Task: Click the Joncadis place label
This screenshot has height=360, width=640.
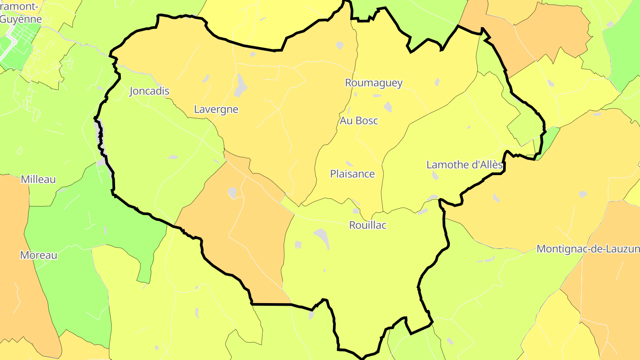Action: pos(149,91)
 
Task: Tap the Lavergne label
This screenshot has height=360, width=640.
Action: pos(216,109)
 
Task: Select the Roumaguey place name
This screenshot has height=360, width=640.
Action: pos(374,83)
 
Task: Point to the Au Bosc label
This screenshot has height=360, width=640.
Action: pos(359,120)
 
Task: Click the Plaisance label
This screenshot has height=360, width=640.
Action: pos(352,174)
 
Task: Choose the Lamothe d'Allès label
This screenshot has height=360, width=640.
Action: pos(464,165)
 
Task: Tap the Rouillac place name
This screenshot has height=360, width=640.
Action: pos(368,225)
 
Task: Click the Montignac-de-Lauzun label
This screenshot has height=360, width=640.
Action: pos(588,249)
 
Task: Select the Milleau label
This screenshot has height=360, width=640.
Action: pos(38,180)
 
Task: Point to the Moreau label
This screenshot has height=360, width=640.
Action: pos(39,256)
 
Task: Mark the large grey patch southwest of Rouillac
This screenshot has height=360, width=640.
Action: pos(322,238)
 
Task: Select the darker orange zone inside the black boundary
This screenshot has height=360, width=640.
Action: pos(249,231)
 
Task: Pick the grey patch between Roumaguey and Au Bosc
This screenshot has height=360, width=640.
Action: pos(388,107)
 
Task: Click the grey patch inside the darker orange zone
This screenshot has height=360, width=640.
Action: pos(232,192)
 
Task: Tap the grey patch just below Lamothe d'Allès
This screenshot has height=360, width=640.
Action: pos(435,176)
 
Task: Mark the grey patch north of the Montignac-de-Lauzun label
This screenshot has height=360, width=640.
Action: pos(583,194)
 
